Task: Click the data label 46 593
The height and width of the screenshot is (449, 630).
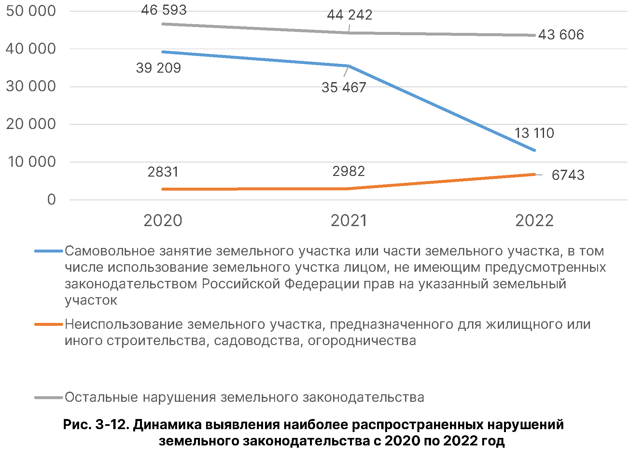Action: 164,10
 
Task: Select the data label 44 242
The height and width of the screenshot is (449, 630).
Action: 349,15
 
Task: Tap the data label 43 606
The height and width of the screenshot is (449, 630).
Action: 561,35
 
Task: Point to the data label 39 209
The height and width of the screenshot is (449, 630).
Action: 158,68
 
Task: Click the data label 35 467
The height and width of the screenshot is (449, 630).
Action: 344,88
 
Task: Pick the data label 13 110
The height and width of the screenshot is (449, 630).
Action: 534,133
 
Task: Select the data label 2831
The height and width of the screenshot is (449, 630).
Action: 163,172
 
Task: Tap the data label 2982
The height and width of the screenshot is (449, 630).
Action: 348,171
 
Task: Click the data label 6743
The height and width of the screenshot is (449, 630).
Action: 568,175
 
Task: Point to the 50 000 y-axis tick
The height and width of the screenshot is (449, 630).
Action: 31,11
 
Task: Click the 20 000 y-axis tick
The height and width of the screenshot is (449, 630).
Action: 31,124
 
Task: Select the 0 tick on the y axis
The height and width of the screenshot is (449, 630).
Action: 51,200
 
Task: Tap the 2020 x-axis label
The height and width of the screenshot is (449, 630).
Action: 163,221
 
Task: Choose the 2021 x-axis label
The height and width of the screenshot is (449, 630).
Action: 349,221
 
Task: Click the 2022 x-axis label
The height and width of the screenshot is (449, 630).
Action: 534,221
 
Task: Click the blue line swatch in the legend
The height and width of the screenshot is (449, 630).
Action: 49,251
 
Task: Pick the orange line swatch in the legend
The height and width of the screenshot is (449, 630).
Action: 49,324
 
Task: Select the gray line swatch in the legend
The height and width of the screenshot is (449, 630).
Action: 49,398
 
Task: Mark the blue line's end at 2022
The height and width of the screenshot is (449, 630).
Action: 534,150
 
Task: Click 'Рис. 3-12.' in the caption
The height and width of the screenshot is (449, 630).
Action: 96,425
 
